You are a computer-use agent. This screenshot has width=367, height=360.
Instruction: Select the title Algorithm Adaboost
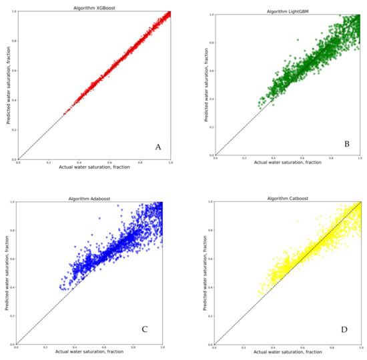coord(89,199)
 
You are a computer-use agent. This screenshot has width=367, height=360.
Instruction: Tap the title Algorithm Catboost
coord(287,199)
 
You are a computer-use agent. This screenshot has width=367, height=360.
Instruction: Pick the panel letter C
coord(145,328)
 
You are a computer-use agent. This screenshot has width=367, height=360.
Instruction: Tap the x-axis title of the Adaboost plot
coord(89,351)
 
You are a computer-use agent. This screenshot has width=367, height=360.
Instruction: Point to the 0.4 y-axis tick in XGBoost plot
coord(13,101)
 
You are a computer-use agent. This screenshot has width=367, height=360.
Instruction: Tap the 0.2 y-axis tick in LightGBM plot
coord(210,126)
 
